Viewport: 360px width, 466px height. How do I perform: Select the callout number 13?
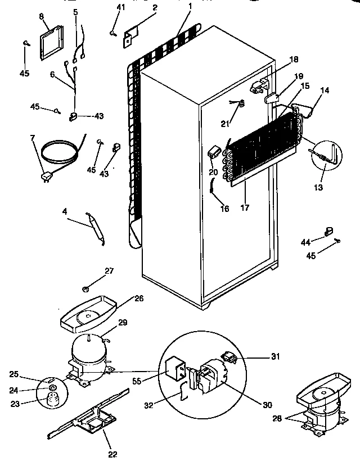319,187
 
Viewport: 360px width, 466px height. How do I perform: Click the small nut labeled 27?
86,288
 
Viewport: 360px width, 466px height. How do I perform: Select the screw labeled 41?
114,34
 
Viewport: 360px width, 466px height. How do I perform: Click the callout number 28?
276,418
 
